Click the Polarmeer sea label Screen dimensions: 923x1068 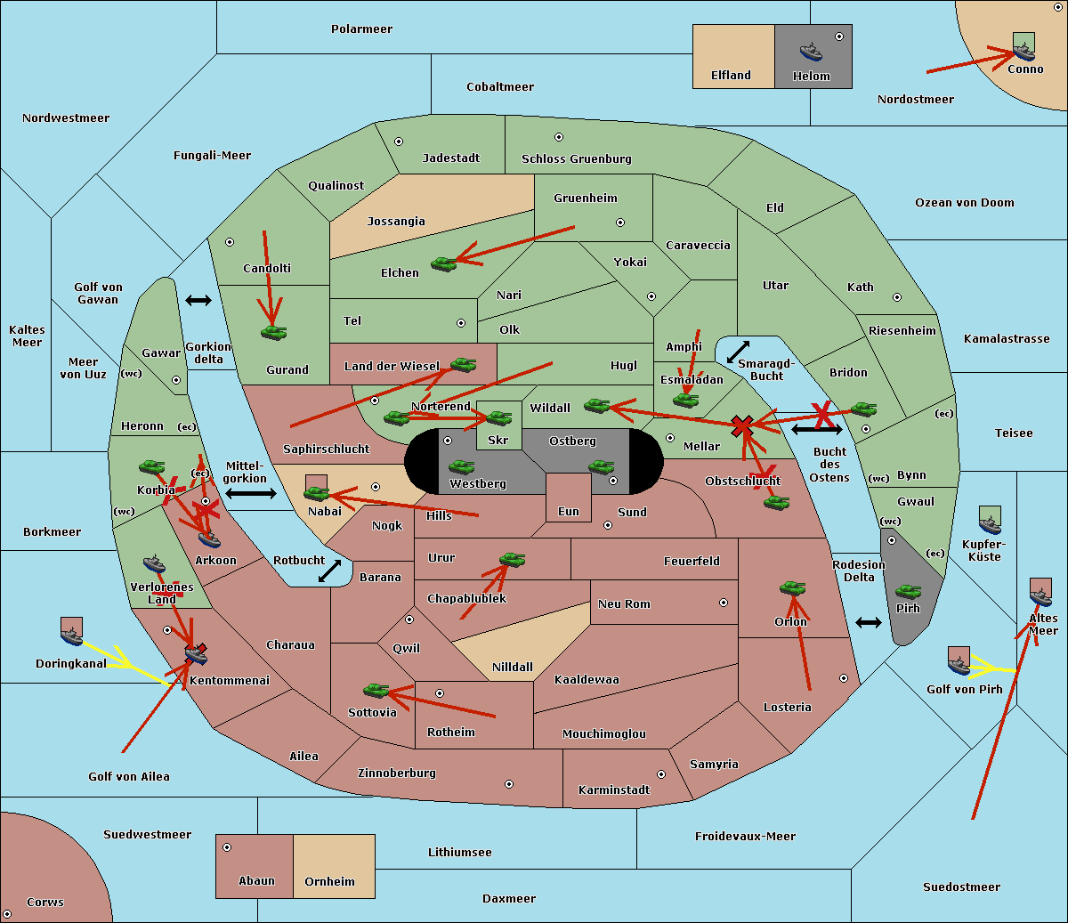361,29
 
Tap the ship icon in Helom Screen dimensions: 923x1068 810,51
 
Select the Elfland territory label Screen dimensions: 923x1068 731,76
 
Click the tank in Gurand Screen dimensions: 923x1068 273,332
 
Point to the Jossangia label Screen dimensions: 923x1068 396,222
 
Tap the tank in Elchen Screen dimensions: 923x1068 443,263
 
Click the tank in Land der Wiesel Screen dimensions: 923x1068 463,364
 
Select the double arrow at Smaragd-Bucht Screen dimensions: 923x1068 738,352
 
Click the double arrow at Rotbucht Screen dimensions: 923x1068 329,571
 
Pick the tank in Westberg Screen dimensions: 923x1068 461,466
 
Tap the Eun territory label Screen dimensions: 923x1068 569,512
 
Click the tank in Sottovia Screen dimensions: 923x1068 376,690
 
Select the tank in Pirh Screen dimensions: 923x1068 908,591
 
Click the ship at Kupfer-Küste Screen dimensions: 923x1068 990,520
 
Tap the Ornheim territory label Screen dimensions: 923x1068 329,882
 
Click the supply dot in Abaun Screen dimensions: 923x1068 227,847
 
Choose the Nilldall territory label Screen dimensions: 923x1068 513,668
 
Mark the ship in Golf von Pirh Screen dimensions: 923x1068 959,660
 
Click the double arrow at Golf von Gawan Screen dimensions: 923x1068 198,300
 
